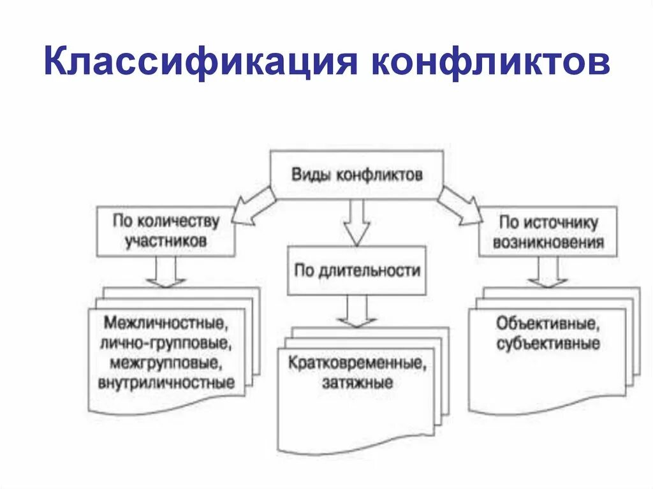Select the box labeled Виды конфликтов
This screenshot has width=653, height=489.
[356, 175]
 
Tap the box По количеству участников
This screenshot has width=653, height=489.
[166, 231]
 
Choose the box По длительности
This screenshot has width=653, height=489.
[356, 270]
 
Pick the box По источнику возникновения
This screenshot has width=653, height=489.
[548, 232]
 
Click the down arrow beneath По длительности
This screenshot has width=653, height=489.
[356, 310]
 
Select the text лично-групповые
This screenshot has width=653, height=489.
[167, 343]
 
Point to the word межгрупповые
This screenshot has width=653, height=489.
[167, 363]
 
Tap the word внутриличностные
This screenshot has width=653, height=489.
[167, 383]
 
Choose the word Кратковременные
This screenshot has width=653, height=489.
[356, 363]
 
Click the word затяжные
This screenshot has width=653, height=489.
[356, 383]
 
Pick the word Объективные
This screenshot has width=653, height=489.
[548, 323]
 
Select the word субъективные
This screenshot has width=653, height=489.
[548, 344]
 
